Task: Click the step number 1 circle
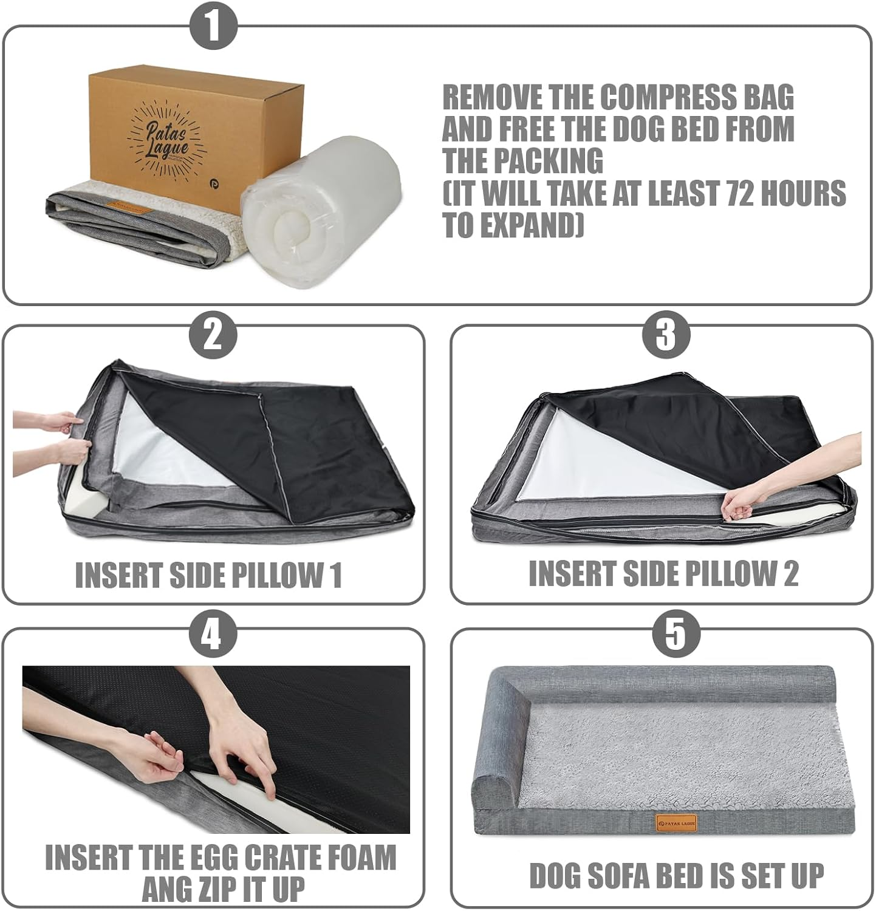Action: click(x=213, y=26)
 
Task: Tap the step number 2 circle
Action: click(x=212, y=334)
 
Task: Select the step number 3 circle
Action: click(x=666, y=334)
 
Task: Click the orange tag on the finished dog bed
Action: click(x=676, y=824)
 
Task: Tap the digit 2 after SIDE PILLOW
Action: click(x=790, y=573)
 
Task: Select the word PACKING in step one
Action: click(x=557, y=162)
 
